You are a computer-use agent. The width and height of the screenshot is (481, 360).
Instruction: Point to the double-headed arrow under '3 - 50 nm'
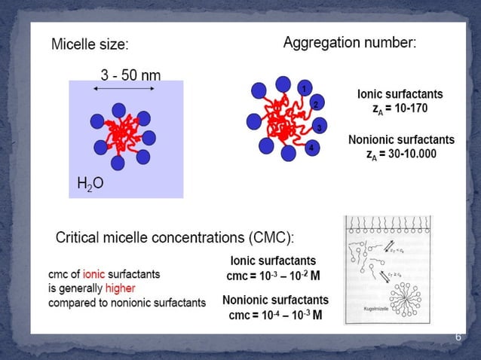[x=126, y=89]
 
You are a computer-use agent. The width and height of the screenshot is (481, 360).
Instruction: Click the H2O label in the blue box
[x=90, y=182]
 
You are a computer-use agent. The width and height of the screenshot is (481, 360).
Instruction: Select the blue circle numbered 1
[x=304, y=89]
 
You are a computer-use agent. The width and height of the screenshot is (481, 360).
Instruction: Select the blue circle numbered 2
[x=317, y=104]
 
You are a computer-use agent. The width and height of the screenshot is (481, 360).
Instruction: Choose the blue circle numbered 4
[x=311, y=148]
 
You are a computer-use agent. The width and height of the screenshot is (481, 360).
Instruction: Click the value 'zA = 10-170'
[x=400, y=108]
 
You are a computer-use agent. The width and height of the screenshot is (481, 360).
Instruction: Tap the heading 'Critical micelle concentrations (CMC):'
[x=175, y=238]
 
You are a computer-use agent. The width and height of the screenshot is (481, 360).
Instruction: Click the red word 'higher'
[x=121, y=288]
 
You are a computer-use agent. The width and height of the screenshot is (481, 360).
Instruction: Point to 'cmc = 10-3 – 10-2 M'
[x=274, y=276]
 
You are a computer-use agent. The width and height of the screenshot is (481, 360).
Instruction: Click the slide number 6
[x=458, y=337]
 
